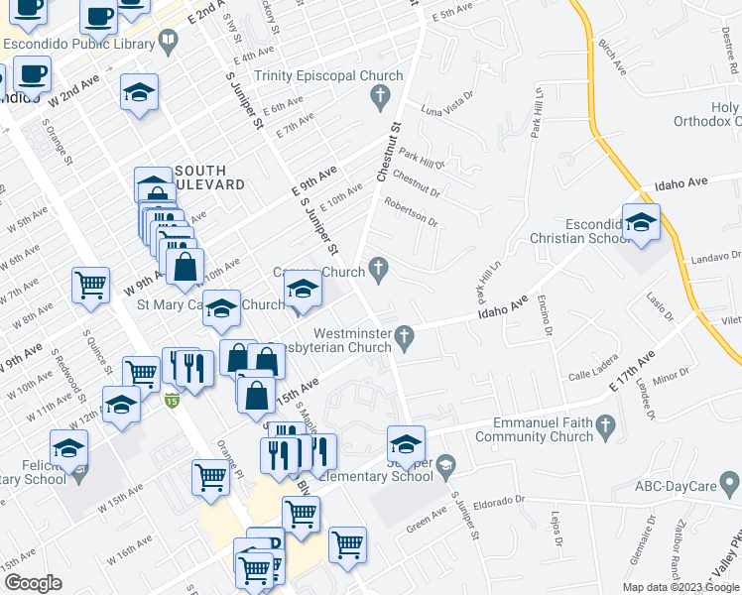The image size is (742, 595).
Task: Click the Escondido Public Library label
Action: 78,44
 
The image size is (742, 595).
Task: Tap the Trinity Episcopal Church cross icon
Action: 378,96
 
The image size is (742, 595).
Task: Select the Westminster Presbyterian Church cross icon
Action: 404,338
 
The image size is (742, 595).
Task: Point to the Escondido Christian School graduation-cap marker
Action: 641,224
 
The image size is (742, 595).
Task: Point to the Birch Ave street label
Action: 613,58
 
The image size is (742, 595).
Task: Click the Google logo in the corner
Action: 33,582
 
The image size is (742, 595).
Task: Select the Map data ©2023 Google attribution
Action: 680,587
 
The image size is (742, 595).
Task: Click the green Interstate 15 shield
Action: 172,401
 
